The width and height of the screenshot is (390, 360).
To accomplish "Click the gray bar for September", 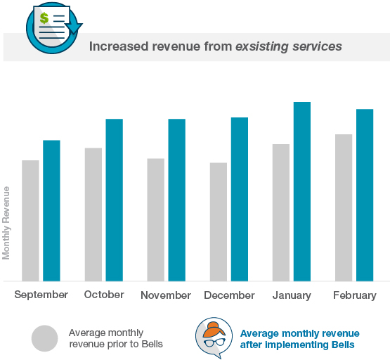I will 30,220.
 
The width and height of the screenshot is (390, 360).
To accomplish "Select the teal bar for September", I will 51,210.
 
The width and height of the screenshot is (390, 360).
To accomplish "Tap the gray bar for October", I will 93,214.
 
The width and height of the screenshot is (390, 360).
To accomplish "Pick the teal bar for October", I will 114,200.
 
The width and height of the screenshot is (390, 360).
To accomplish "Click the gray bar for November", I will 155,219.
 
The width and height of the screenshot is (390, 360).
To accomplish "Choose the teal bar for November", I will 176,200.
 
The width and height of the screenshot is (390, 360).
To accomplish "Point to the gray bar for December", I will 218,221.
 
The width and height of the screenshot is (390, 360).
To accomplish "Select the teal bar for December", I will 239,199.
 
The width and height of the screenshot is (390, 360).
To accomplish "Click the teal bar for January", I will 301,191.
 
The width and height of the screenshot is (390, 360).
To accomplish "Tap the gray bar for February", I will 343,207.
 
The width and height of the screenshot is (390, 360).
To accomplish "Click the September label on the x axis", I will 41,295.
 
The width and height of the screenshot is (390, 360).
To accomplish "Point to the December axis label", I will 229,295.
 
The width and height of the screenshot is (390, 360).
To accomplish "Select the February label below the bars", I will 355,295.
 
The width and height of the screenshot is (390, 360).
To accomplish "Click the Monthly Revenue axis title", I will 6,222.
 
